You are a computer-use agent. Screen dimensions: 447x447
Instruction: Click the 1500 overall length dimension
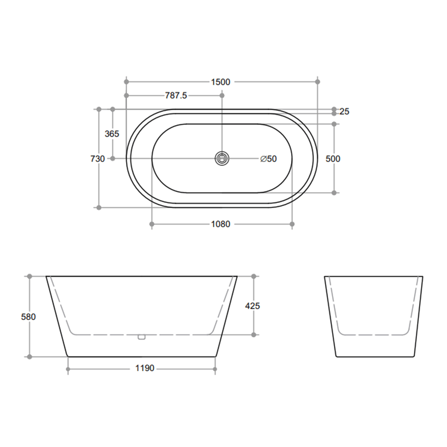pos(220,82)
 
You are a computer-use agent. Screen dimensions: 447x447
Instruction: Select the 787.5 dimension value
pos(176,96)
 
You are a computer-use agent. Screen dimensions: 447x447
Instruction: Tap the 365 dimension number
pos(112,134)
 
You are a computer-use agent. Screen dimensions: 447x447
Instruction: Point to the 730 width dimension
pos(97,159)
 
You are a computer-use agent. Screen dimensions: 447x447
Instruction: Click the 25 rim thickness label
pos(344,112)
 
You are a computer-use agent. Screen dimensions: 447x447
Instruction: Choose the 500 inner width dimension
pos(333,159)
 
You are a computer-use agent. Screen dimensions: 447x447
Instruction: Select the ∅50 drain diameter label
pos(268,159)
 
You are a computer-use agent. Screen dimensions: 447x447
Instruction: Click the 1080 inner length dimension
pos(220,224)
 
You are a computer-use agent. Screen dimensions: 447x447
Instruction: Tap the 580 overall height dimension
pos(28,316)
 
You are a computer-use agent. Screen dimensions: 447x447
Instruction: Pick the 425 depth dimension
pos(253,306)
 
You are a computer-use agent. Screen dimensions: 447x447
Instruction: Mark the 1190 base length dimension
pos(144,369)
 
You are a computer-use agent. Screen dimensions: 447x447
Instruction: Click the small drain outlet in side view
pos(142,337)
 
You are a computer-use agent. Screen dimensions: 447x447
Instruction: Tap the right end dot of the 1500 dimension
pos(318,82)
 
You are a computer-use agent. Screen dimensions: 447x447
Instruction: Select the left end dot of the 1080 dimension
pos(152,223)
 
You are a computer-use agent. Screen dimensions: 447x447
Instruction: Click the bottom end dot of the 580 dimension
pos(30,357)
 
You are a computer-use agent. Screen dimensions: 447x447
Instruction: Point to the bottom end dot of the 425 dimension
pos(253,334)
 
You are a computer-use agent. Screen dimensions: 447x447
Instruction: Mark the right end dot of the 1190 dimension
pos(215,369)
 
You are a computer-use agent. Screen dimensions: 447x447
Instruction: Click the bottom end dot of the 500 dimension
pos(334,193)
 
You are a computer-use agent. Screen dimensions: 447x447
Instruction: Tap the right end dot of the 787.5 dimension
pos(222,96)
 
